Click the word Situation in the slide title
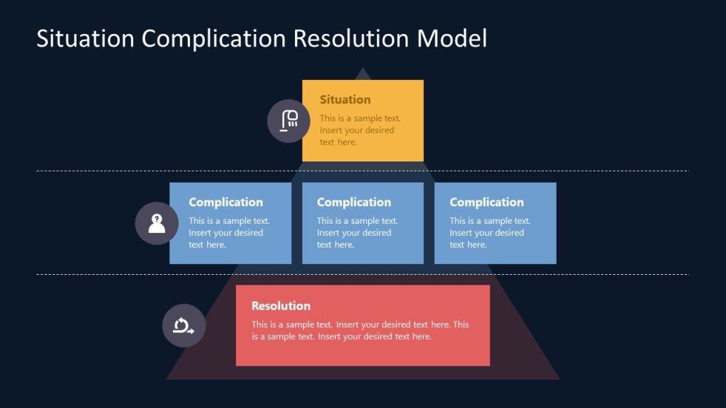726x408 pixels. [x=85, y=38]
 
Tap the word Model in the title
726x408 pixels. [x=452, y=38]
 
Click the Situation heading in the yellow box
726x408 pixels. [x=345, y=100]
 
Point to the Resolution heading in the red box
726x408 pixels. [x=281, y=306]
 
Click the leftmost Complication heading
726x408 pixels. [x=225, y=203]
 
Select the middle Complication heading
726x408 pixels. [x=354, y=203]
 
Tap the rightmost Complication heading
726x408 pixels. [x=486, y=203]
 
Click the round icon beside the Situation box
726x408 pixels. [x=289, y=121]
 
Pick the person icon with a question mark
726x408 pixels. [x=157, y=223]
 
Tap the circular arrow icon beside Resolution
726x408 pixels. [x=184, y=326]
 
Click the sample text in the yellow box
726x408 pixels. [x=359, y=130]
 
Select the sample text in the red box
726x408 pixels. [x=360, y=331]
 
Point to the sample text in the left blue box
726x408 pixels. [x=229, y=233]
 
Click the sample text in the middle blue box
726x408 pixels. [x=357, y=233]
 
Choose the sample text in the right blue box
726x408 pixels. [x=490, y=233]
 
